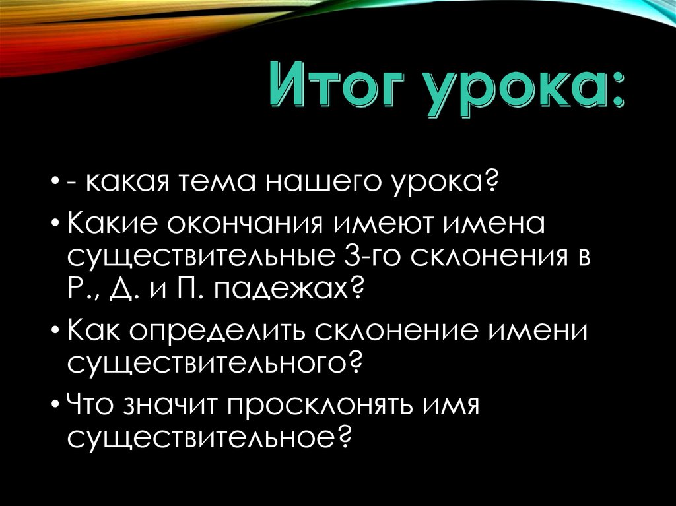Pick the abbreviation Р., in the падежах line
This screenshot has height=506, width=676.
(x=82, y=288)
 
